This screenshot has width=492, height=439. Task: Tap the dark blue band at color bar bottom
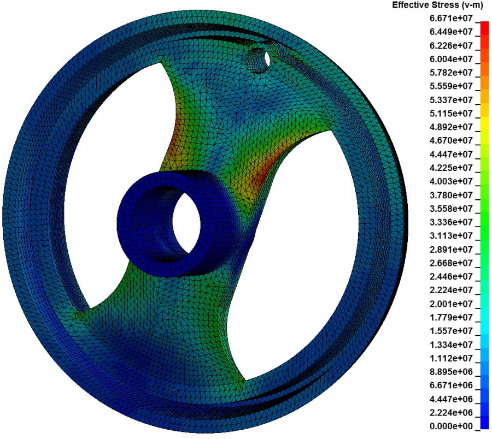click(484, 423)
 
